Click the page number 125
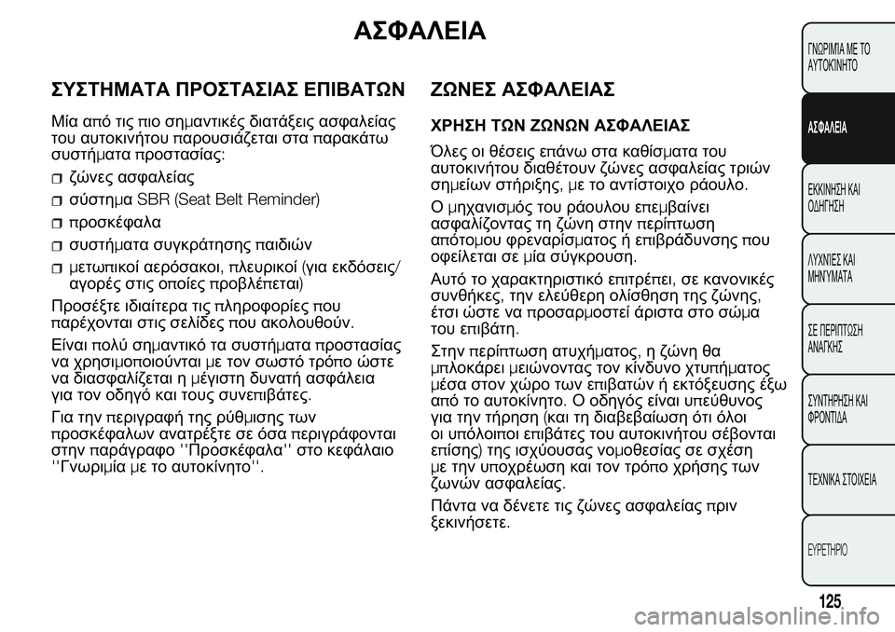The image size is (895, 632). click(x=833, y=602)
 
